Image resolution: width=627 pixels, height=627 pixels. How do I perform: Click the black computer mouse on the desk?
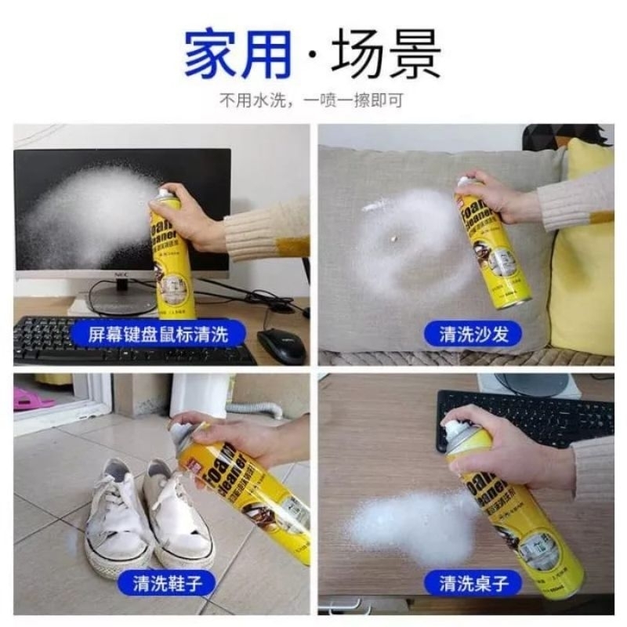281,345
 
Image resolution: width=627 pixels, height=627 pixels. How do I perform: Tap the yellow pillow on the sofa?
584,251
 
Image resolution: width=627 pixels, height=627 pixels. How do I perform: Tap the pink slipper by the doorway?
31,399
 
